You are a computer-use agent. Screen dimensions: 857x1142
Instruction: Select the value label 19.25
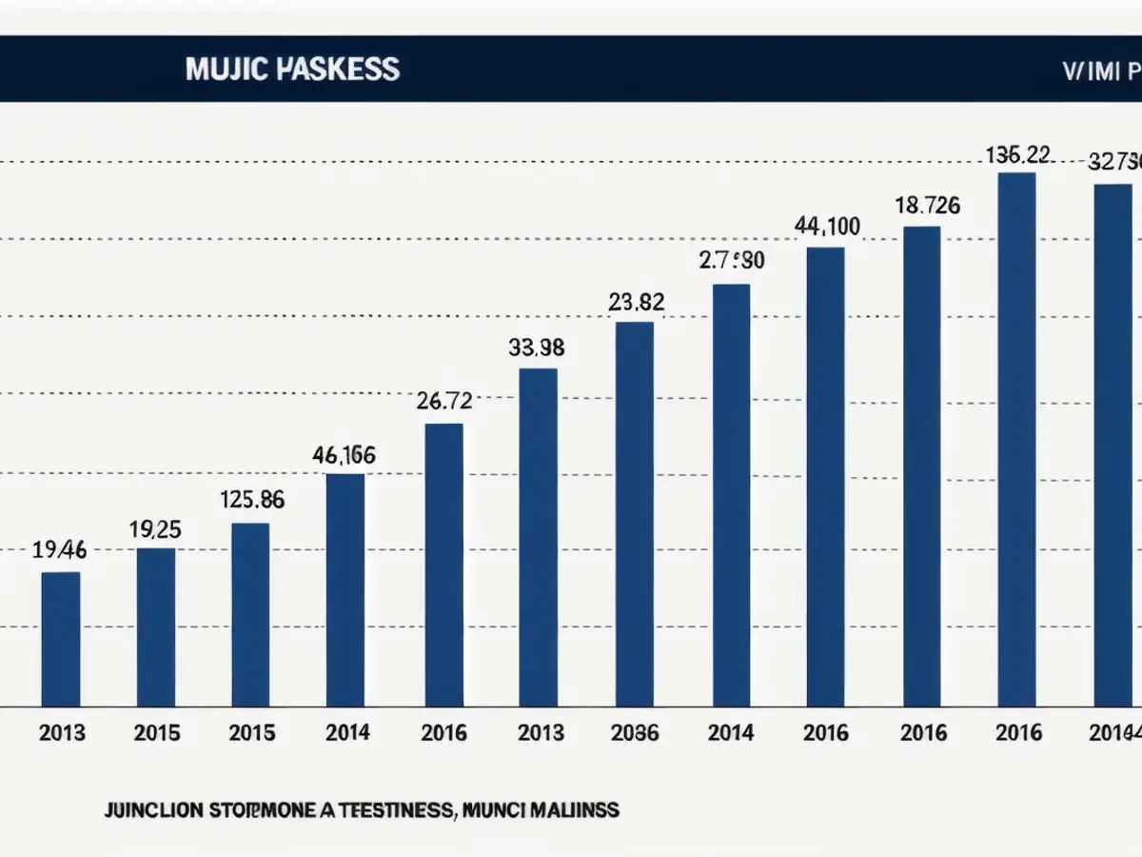click(x=156, y=530)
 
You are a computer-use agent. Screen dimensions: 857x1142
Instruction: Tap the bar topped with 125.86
click(x=250, y=614)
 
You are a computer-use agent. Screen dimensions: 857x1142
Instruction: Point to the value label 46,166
click(x=344, y=456)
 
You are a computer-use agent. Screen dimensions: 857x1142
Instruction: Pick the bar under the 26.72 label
click(x=443, y=565)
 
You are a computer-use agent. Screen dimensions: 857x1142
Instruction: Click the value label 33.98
click(x=537, y=349)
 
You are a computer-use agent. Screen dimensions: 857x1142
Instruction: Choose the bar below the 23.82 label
click(x=635, y=514)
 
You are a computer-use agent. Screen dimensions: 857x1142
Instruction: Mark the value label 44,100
click(x=827, y=227)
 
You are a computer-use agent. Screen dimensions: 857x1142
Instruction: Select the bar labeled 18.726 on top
click(x=921, y=467)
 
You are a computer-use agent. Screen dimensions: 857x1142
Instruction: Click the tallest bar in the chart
click(x=1016, y=439)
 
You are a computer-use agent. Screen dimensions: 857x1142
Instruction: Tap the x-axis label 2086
click(x=636, y=733)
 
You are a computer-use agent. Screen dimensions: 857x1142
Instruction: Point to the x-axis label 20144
click(x=1114, y=733)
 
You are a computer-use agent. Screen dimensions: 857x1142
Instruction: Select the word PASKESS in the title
click(x=340, y=70)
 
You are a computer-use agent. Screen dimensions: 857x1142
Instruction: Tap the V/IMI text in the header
click(x=1090, y=71)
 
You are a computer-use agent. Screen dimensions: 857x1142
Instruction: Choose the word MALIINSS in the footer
click(x=571, y=811)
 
